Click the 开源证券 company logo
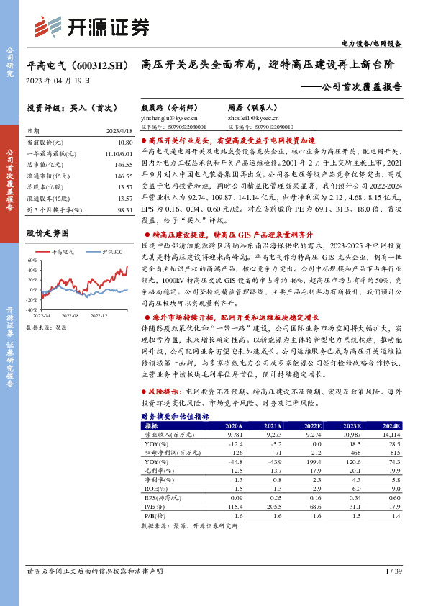92,27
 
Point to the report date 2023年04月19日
58,81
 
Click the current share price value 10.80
124,143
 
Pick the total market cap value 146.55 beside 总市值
123,165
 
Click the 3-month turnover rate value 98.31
124,209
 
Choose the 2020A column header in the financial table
236,426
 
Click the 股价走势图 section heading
47,233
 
